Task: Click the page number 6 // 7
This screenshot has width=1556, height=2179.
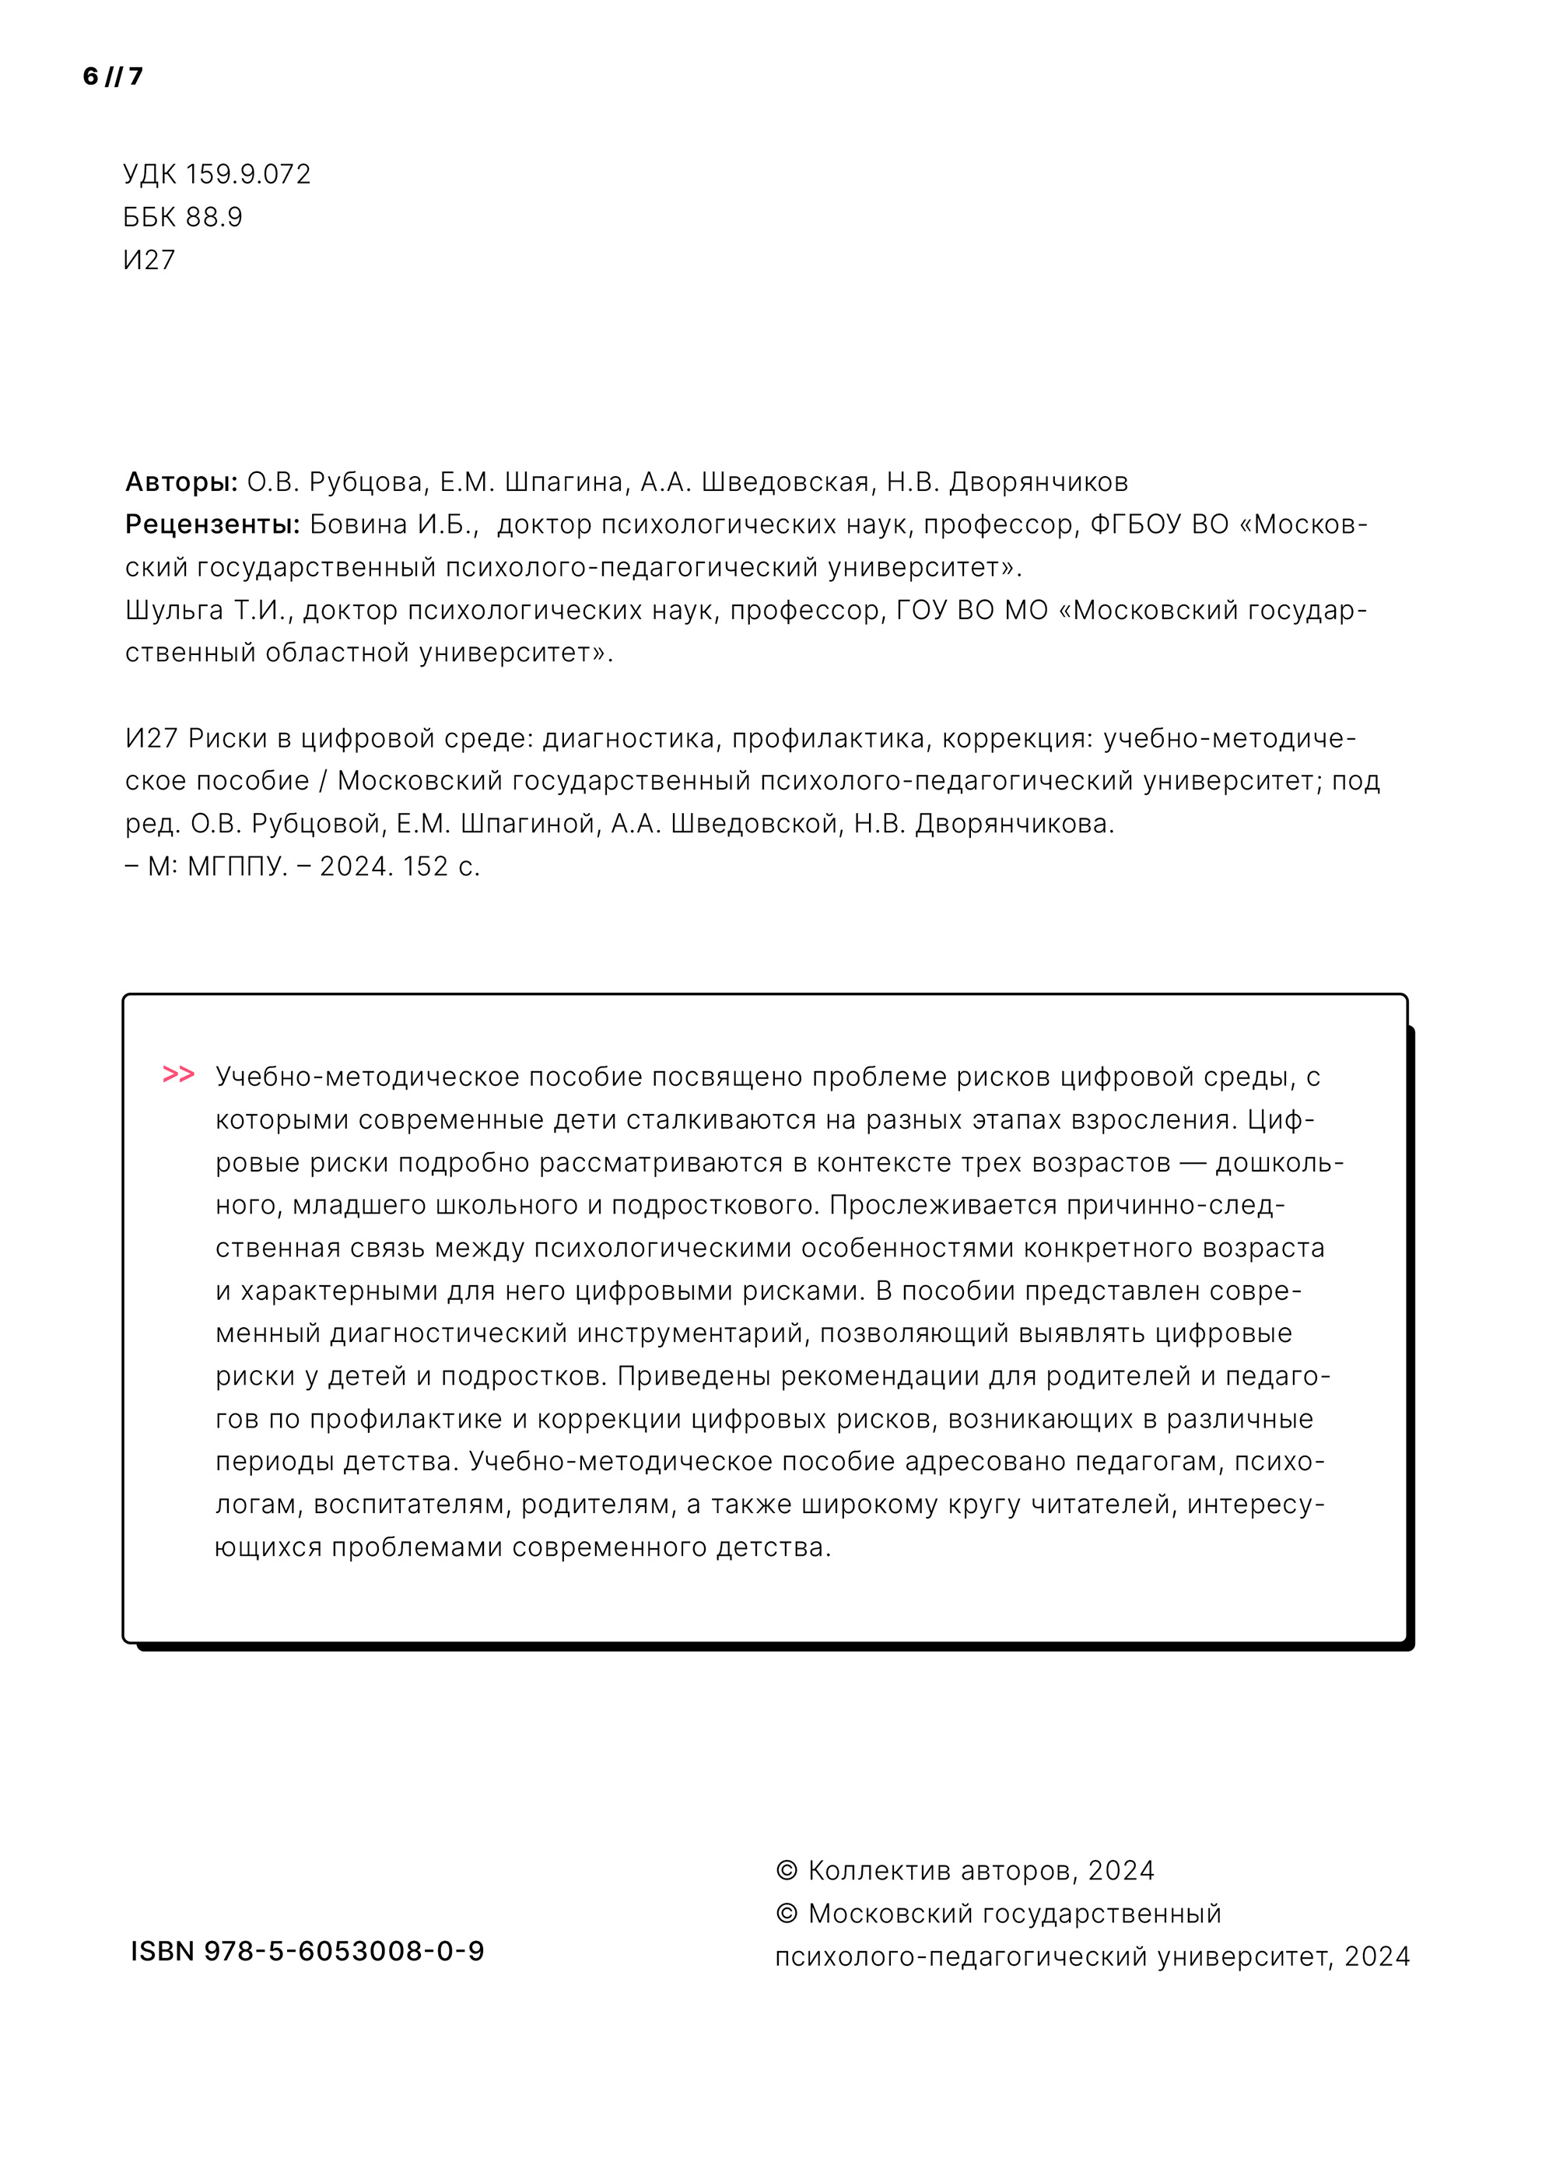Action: click(x=113, y=76)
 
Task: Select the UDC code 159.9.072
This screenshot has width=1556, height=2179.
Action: click(x=247, y=174)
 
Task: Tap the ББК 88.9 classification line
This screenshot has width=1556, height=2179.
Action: click(x=183, y=217)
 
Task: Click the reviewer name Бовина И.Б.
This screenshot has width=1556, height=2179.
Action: click(x=394, y=525)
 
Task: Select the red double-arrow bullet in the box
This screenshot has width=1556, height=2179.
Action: click(x=178, y=1074)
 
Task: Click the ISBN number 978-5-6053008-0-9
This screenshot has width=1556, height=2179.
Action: click(x=344, y=1951)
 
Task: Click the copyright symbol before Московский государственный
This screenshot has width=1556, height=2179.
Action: click(x=787, y=1914)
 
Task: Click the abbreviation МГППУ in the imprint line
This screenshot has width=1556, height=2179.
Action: click(x=237, y=867)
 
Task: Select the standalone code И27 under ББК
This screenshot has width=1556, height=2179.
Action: click(x=149, y=261)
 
